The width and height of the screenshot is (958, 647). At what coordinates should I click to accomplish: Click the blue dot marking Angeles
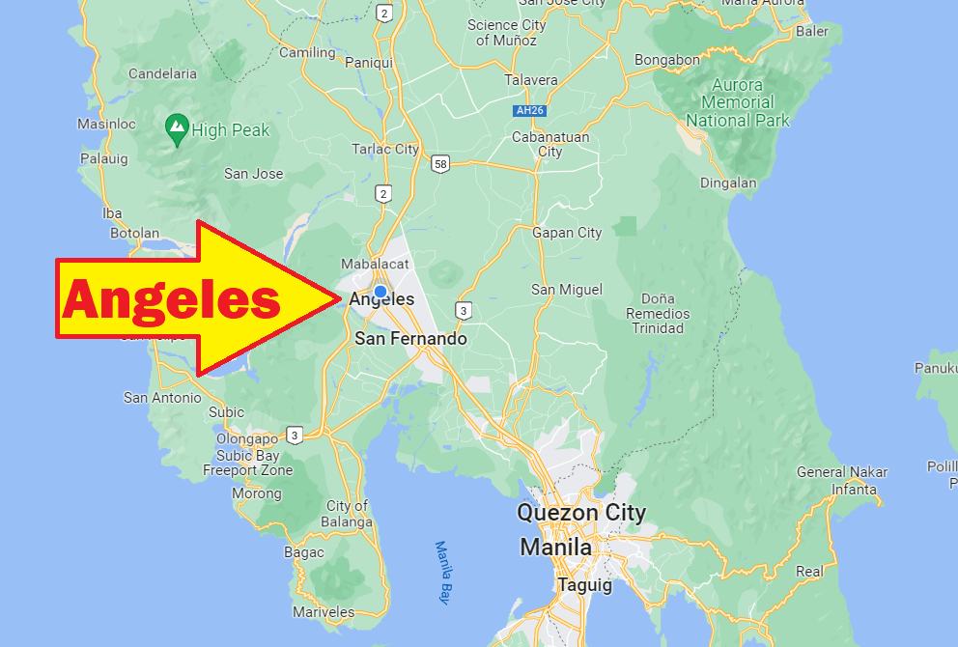(x=380, y=292)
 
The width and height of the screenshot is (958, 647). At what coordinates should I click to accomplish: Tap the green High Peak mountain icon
(x=177, y=128)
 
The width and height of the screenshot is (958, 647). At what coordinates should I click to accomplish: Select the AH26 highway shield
(x=530, y=111)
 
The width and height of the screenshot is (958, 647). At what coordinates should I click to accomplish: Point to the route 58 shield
(x=440, y=163)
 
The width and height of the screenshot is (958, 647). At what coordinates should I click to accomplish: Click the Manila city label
(x=555, y=548)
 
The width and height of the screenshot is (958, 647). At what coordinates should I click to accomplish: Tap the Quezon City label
(x=581, y=513)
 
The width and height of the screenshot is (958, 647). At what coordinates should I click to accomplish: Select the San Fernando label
(x=410, y=339)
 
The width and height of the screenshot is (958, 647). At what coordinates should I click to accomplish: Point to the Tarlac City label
(x=385, y=149)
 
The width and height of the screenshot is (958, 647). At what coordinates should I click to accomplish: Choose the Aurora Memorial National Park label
(x=738, y=102)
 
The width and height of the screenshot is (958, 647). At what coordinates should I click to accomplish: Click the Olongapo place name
(x=248, y=438)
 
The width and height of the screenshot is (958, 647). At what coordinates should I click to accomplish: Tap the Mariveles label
(x=324, y=611)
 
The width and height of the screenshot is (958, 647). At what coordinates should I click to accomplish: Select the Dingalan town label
(x=728, y=182)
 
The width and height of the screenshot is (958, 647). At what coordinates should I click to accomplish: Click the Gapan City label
(x=567, y=232)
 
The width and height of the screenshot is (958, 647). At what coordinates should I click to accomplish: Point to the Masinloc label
(x=105, y=124)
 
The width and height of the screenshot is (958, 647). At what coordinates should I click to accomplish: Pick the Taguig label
(x=584, y=585)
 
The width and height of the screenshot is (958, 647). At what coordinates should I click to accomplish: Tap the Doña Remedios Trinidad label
(x=658, y=313)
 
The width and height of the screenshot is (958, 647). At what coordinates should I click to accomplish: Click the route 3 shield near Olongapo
(x=295, y=435)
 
